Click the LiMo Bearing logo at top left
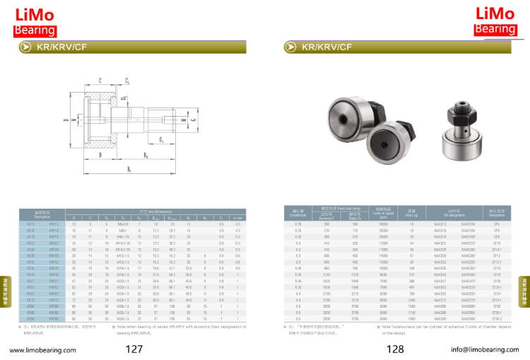point(34,21)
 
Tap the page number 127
point(134,349)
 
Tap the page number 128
point(395,349)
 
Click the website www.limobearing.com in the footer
point(42,349)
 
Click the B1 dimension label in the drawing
point(129,170)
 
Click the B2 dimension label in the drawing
point(146,154)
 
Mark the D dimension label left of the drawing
point(65,120)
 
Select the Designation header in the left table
point(42,213)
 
